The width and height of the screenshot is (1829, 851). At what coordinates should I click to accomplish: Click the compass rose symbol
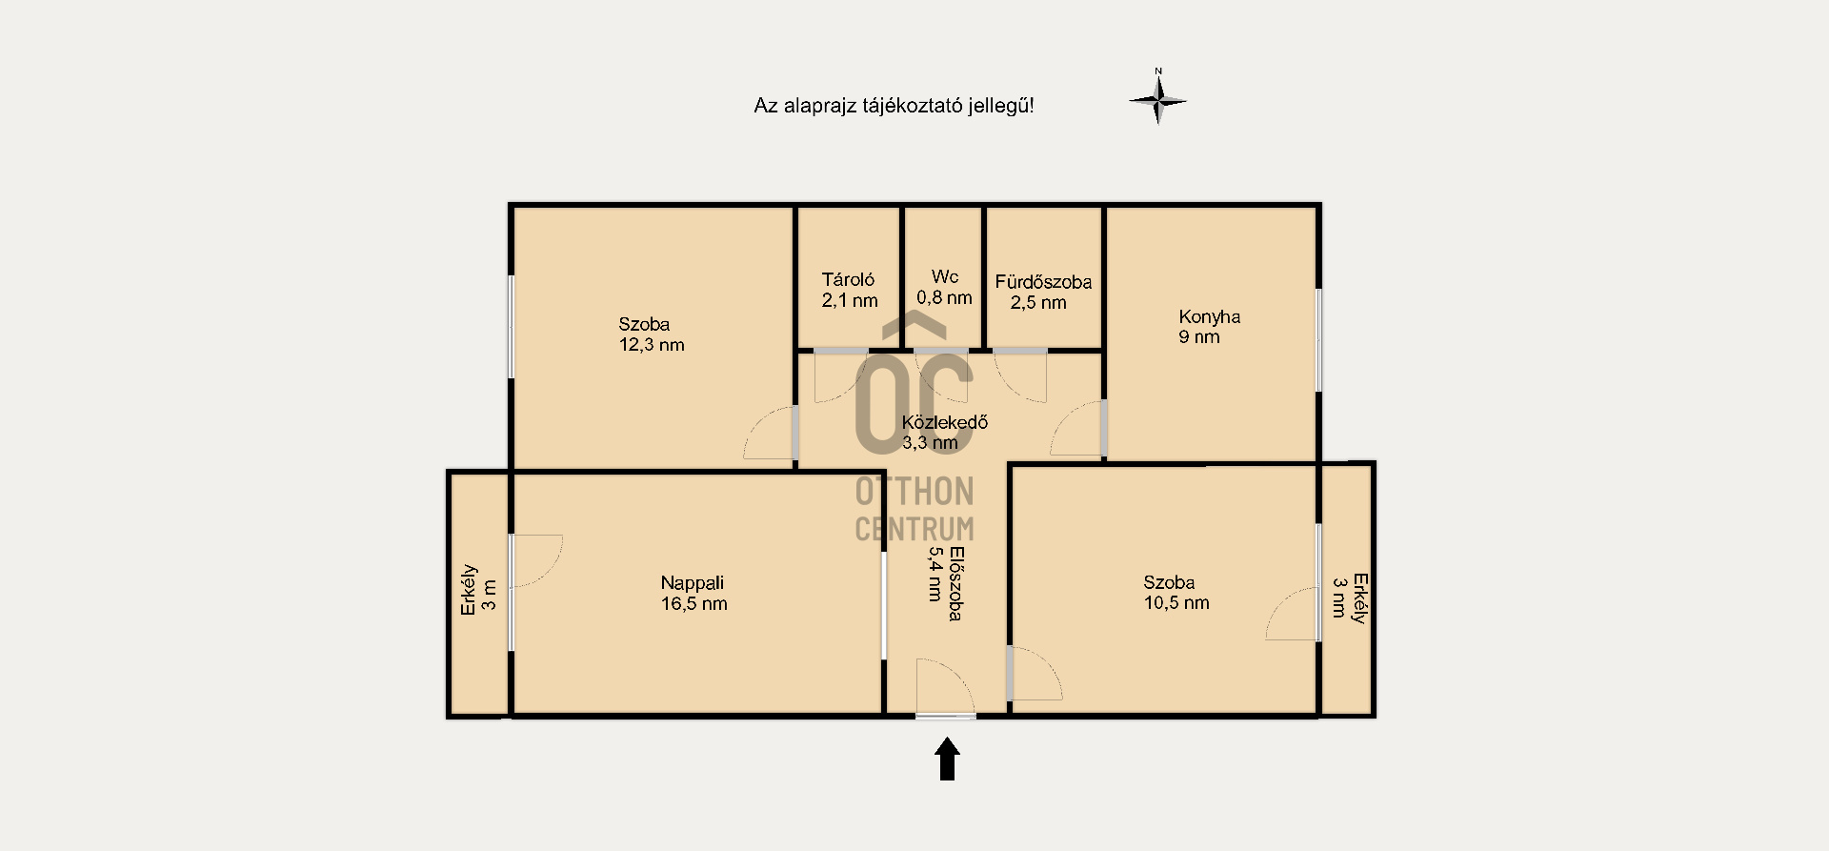(x=1158, y=98)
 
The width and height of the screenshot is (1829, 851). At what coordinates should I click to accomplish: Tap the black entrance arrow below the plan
(x=947, y=760)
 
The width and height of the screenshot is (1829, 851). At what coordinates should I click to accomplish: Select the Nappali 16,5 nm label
(x=693, y=593)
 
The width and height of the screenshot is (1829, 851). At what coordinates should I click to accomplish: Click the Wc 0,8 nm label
(x=944, y=287)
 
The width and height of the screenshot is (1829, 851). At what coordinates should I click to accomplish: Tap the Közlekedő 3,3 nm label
(x=944, y=432)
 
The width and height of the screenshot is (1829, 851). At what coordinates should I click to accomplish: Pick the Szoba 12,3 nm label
(x=652, y=334)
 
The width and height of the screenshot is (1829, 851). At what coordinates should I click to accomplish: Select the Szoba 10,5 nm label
(x=1176, y=592)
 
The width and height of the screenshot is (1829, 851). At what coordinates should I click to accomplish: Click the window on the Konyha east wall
(x=1318, y=339)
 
